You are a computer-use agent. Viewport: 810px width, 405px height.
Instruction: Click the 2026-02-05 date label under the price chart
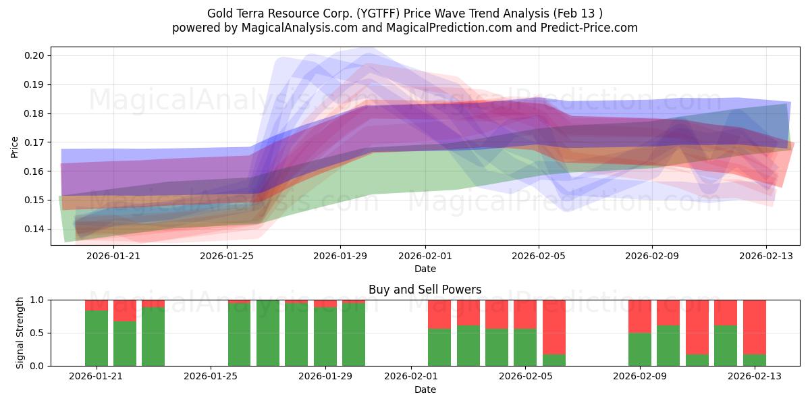coord(538,256)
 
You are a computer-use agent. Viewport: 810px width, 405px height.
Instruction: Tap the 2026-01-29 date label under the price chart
coord(340,256)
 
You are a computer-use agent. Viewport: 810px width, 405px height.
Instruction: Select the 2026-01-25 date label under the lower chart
coord(211,377)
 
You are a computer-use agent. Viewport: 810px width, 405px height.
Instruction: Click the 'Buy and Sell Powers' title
coord(425,290)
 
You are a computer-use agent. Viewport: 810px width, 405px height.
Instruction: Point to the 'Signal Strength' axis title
coord(20,333)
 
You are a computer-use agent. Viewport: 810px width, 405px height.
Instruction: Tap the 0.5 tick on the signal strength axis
coord(38,333)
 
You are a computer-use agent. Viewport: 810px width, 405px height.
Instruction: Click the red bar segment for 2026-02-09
coord(639,316)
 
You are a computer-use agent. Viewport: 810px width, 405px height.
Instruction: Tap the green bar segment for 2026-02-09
coord(639,349)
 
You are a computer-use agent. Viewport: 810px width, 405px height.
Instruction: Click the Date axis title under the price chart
coord(425,269)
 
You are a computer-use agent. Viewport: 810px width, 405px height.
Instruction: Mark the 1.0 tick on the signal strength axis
coord(38,300)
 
